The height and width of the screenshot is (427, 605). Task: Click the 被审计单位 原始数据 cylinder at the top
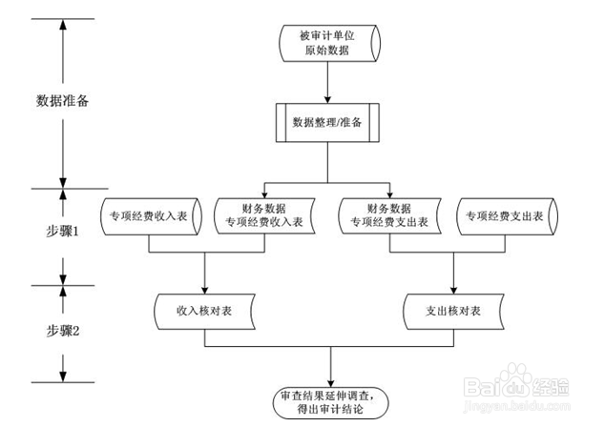(328, 43)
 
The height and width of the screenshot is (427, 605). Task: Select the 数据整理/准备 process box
(328, 121)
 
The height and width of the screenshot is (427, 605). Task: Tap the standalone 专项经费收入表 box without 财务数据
(150, 215)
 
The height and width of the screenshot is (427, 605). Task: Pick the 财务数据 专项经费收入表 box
(264, 215)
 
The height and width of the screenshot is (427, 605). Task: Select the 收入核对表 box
(205, 311)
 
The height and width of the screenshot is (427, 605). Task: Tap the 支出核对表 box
(452, 311)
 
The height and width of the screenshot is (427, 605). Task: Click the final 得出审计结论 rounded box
(328, 401)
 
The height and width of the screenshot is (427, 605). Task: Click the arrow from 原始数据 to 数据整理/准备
(328, 83)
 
